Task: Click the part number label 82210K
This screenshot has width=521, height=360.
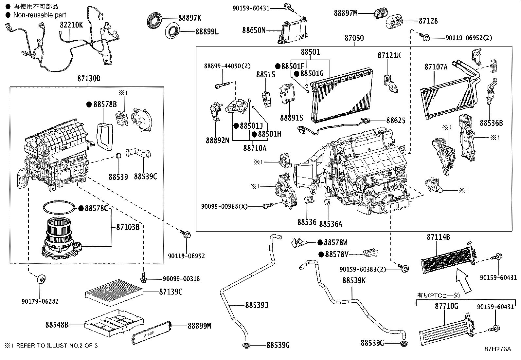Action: pos(71,25)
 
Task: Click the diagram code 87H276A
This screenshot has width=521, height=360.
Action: pos(497,349)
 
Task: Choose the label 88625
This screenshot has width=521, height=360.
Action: pos(396,121)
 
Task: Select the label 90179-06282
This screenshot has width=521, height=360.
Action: pos(40,301)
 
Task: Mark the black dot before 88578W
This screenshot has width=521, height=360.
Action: pos(320,242)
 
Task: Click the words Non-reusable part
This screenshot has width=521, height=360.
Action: pos(40,15)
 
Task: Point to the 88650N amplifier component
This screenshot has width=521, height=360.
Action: pos(292,30)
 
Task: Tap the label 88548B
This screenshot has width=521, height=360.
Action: pos(57,325)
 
